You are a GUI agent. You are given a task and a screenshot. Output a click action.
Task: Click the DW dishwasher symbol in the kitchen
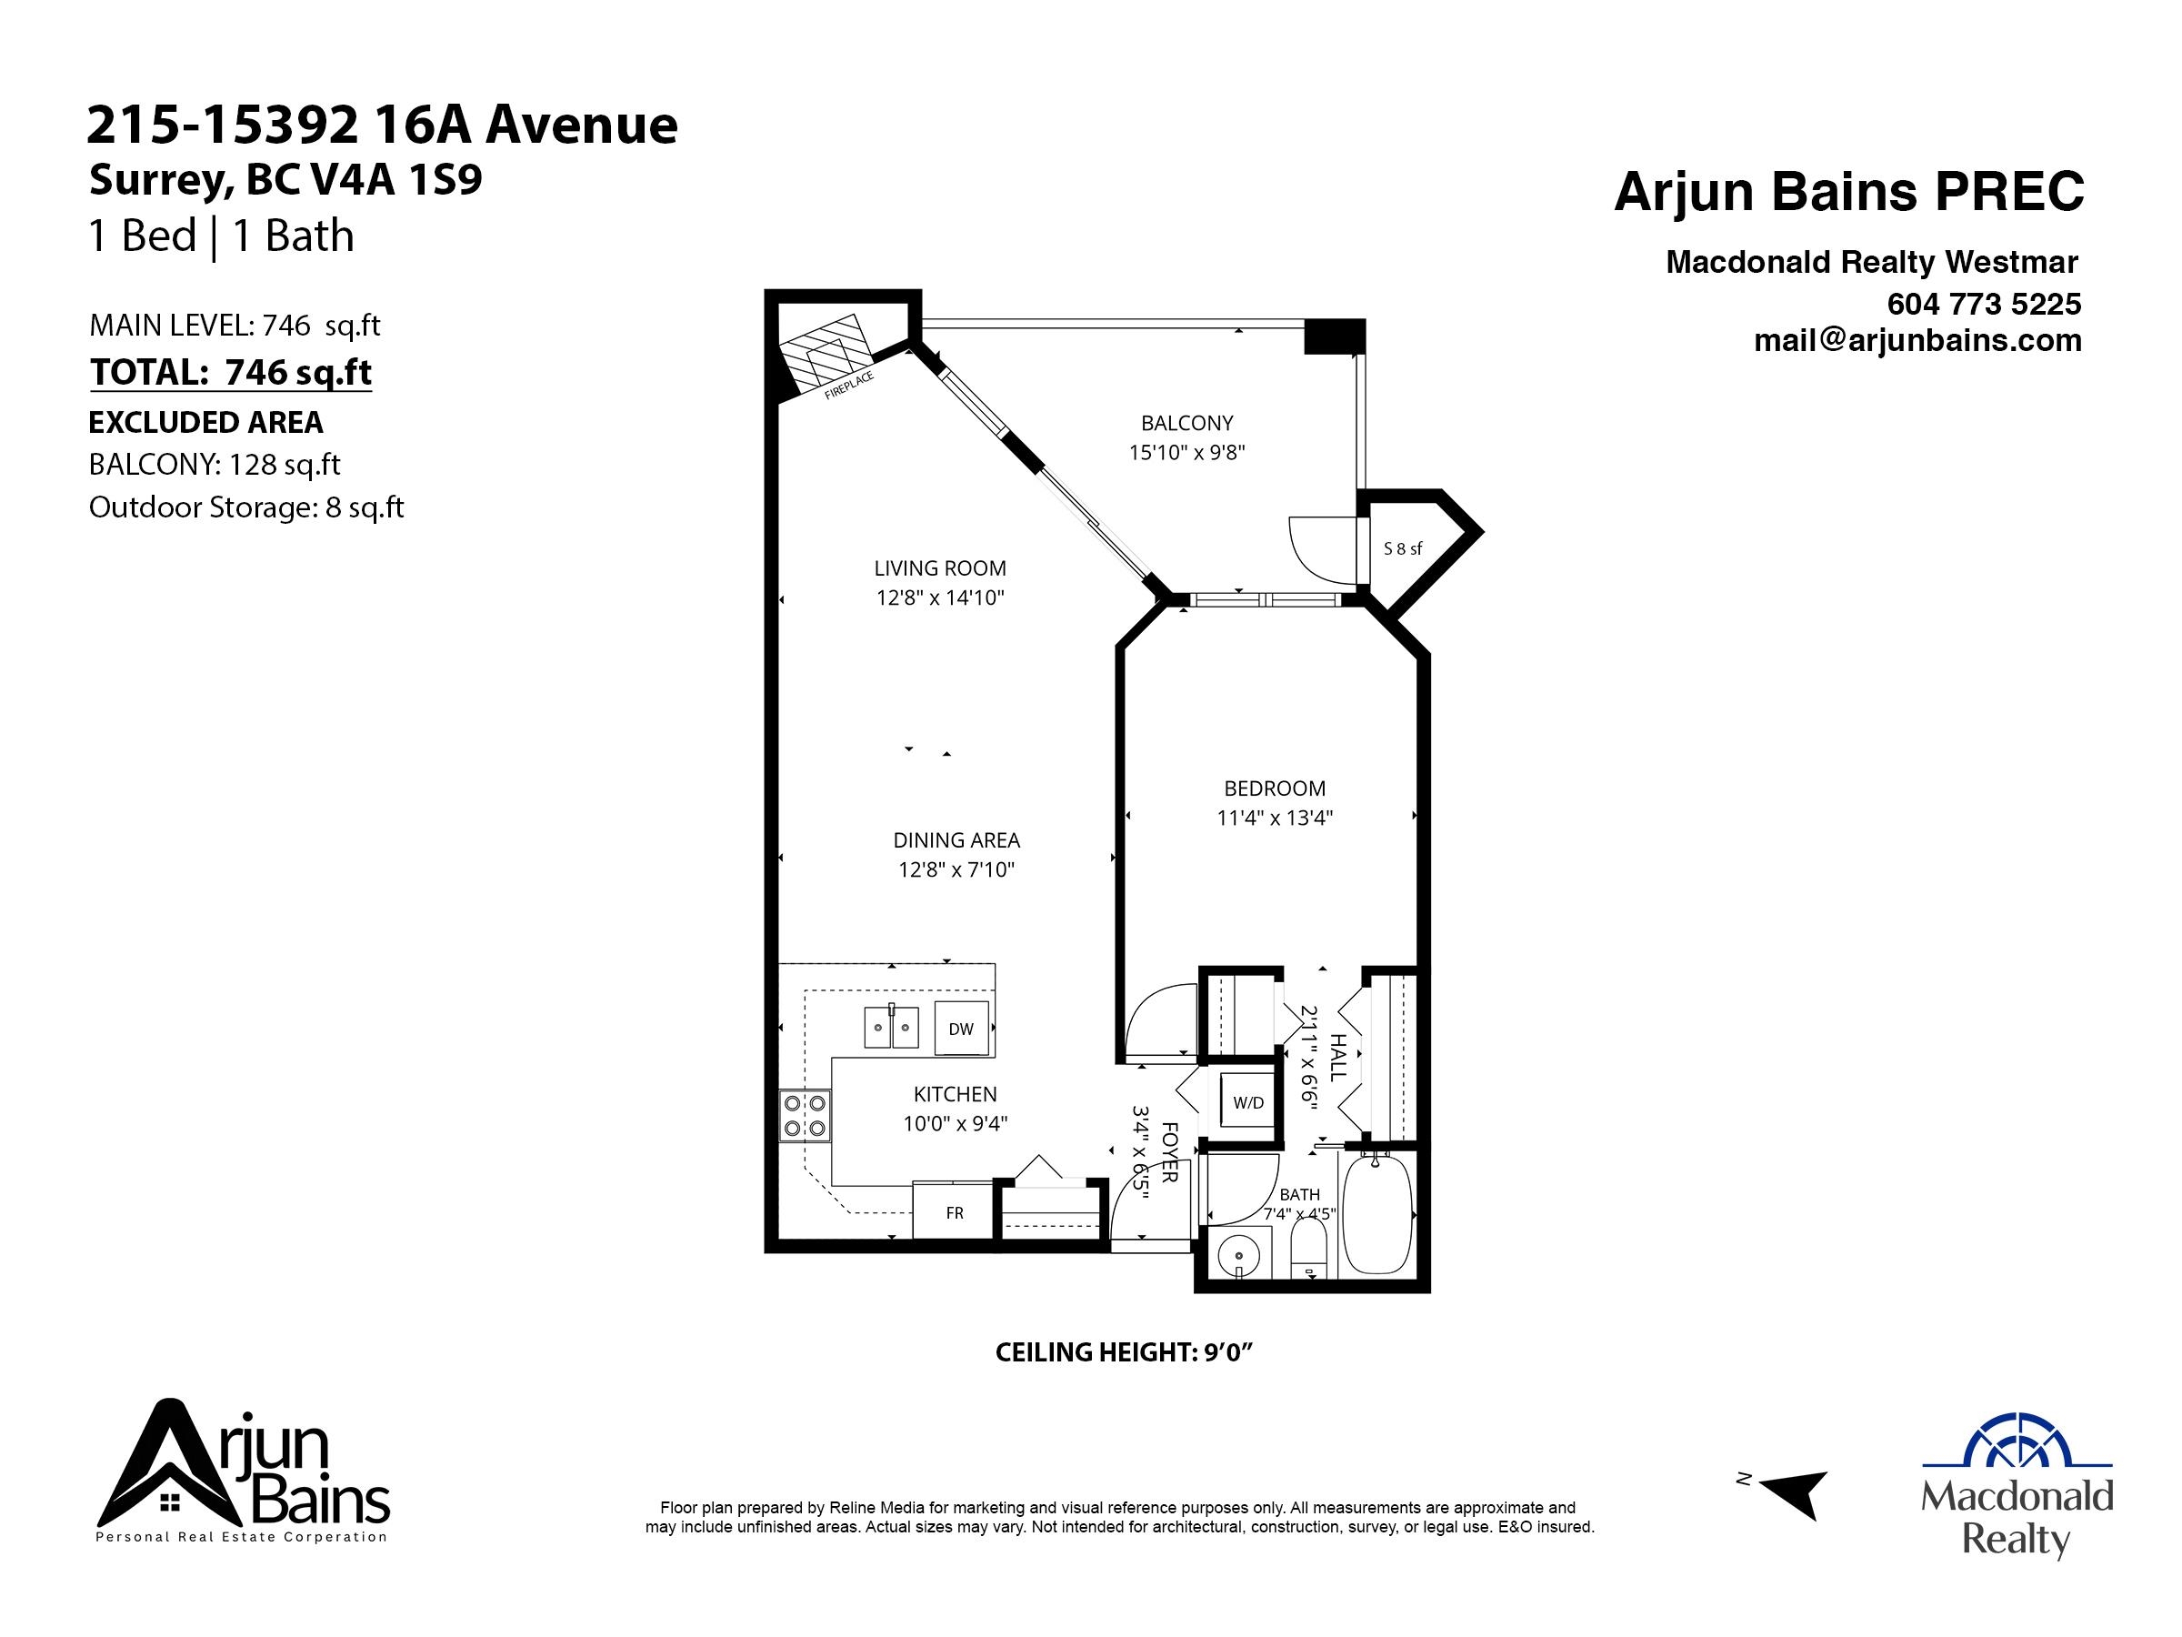[x=961, y=1029]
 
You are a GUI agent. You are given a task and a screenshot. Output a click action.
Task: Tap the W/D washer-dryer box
[x=1248, y=1103]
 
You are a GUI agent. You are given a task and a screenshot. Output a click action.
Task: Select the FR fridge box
[x=954, y=1212]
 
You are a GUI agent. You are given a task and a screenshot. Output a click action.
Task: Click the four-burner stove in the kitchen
[x=805, y=1115]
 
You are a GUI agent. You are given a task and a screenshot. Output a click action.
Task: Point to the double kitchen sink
[x=892, y=1027]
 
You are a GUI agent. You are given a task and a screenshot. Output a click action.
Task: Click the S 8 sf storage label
[x=1402, y=548]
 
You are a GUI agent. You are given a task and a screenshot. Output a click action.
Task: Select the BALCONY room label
[x=1186, y=423]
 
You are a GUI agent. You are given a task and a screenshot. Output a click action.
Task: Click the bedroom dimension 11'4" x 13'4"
[x=1275, y=818]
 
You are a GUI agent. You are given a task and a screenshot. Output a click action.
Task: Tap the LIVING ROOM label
[x=940, y=568]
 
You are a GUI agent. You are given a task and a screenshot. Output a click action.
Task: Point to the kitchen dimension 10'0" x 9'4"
[x=955, y=1124]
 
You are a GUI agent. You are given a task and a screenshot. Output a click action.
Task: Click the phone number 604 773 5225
[x=1984, y=304]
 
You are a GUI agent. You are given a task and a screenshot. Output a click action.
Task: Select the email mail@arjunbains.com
[x=1917, y=341]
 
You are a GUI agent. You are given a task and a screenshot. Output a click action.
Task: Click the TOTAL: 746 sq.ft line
[x=231, y=373]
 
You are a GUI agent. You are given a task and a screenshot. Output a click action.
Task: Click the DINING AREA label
[x=956, y=840]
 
